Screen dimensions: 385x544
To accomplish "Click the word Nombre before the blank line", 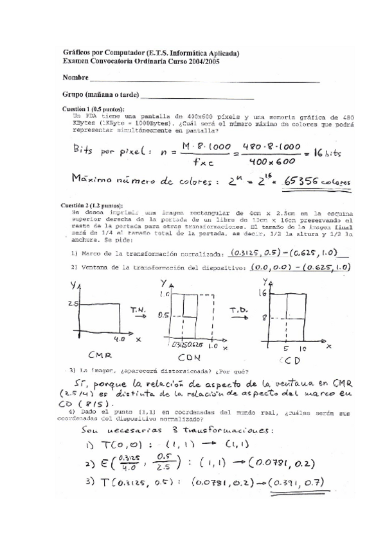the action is tap(75, 78).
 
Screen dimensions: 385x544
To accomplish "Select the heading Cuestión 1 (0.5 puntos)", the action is tap(93, 109).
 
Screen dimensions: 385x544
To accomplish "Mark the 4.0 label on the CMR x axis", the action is tap(119, 338).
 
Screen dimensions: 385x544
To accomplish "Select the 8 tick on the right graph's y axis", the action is tap(264, 317).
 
